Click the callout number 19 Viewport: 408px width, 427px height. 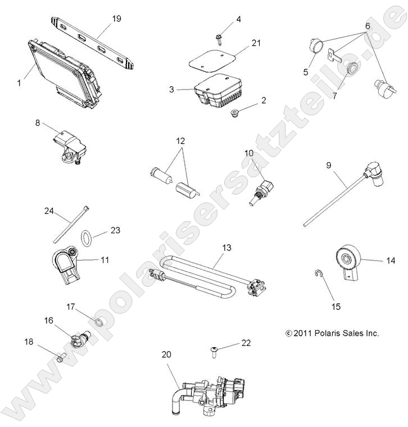click(116, 19)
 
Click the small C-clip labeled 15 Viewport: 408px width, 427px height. click(318, 275)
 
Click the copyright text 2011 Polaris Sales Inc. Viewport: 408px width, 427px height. click(332, 333)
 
